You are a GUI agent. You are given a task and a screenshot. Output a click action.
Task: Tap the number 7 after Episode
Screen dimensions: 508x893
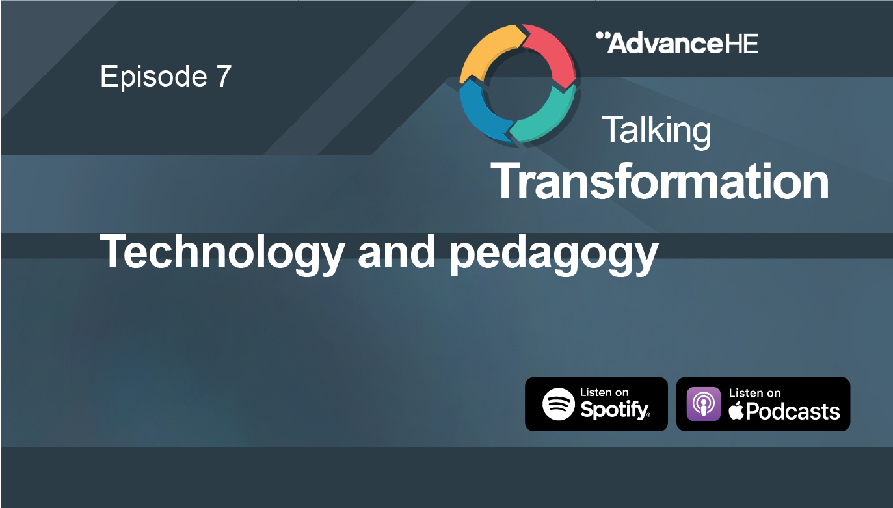click(222, 77)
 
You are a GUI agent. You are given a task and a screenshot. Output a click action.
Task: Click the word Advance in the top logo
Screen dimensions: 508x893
click(658, 44)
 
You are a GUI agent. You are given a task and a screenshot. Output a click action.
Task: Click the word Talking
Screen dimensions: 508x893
click(656, 129)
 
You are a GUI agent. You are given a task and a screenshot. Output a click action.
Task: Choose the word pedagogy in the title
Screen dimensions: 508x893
click(553, 254)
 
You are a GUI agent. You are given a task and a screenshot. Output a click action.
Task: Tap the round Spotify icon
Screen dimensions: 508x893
click(559, 404)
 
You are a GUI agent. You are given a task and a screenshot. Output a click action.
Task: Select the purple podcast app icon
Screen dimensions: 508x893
click(704, 404)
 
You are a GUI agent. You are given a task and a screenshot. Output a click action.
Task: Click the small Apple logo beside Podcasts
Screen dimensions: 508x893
click(736, 411)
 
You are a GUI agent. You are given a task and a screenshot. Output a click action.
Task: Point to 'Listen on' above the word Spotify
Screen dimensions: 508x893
click(604, 392)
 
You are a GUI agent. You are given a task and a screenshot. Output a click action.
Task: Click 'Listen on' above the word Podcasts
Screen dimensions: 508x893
click(754, 393)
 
